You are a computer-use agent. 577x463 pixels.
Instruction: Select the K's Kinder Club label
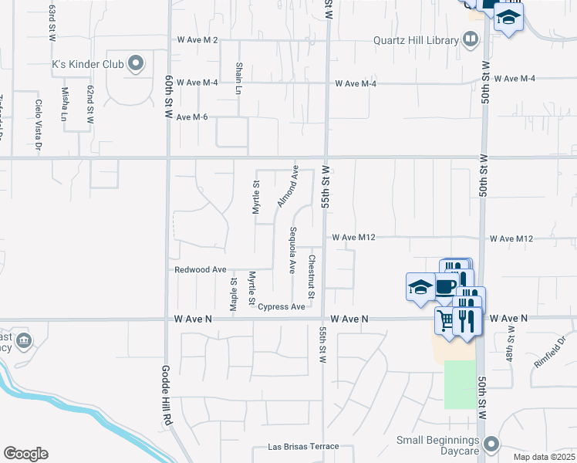tap(88, 64)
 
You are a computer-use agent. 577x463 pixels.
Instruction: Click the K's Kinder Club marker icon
tap(137, 64)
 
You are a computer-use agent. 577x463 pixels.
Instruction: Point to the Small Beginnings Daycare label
tap(439, 441)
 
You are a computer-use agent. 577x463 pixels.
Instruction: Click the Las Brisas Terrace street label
tap(303, 447)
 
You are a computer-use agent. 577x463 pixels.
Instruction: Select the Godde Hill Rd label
tap(165, 394)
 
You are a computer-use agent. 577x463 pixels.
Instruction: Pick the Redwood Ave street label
tap(201, 270)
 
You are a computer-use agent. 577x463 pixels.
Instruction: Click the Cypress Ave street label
tap(282, 307)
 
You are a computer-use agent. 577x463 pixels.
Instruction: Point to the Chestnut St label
tap(312, 277)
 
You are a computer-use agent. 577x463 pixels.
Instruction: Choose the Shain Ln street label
tap(239, 79)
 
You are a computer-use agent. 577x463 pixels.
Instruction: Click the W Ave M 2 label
tap(198, 39)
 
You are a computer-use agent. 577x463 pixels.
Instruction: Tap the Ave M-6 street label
tap(193, 117)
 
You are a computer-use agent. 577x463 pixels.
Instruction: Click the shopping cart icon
tap(445, 319)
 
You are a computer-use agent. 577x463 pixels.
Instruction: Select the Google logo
tap(25, 453)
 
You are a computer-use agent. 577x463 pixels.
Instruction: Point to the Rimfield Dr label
tap(548, 350)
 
